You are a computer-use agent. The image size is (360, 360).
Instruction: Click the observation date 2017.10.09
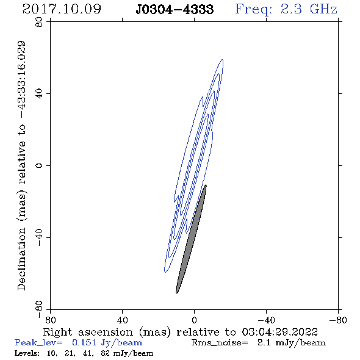point(62,9)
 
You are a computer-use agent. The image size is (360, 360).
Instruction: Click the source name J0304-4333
point(175,9)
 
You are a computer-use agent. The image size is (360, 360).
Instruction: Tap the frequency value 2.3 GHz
point(309,9)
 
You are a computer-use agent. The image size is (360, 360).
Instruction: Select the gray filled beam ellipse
point(191,239)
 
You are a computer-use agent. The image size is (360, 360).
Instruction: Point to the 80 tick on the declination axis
point(39,22)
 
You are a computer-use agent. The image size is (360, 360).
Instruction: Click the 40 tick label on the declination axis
point(39,94)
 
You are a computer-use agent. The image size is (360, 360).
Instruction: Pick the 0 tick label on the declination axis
point(39,165)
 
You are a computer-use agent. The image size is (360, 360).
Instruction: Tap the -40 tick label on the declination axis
point(39,237)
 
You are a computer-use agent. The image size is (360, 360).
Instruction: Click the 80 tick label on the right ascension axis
point(50,320)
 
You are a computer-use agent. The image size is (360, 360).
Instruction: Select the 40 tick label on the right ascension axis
point(122,320)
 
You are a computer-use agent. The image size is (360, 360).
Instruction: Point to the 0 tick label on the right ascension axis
point(194,320)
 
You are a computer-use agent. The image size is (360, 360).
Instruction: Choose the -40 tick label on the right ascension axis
point(266,320)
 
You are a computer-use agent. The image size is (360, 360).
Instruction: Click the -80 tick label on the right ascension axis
point(338,320)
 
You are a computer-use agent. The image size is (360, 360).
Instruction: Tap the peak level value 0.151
point(84,342)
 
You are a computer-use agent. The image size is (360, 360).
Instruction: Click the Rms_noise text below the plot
point(220,343)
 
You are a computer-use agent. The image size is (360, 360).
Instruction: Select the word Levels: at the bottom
point(27,353)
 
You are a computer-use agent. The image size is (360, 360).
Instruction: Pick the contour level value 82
point(105,353)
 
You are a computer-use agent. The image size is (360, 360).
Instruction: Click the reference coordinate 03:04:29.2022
point(279,332)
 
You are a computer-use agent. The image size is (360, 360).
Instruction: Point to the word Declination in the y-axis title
point(21,259)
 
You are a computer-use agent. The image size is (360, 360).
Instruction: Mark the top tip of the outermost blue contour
point(222,59)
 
